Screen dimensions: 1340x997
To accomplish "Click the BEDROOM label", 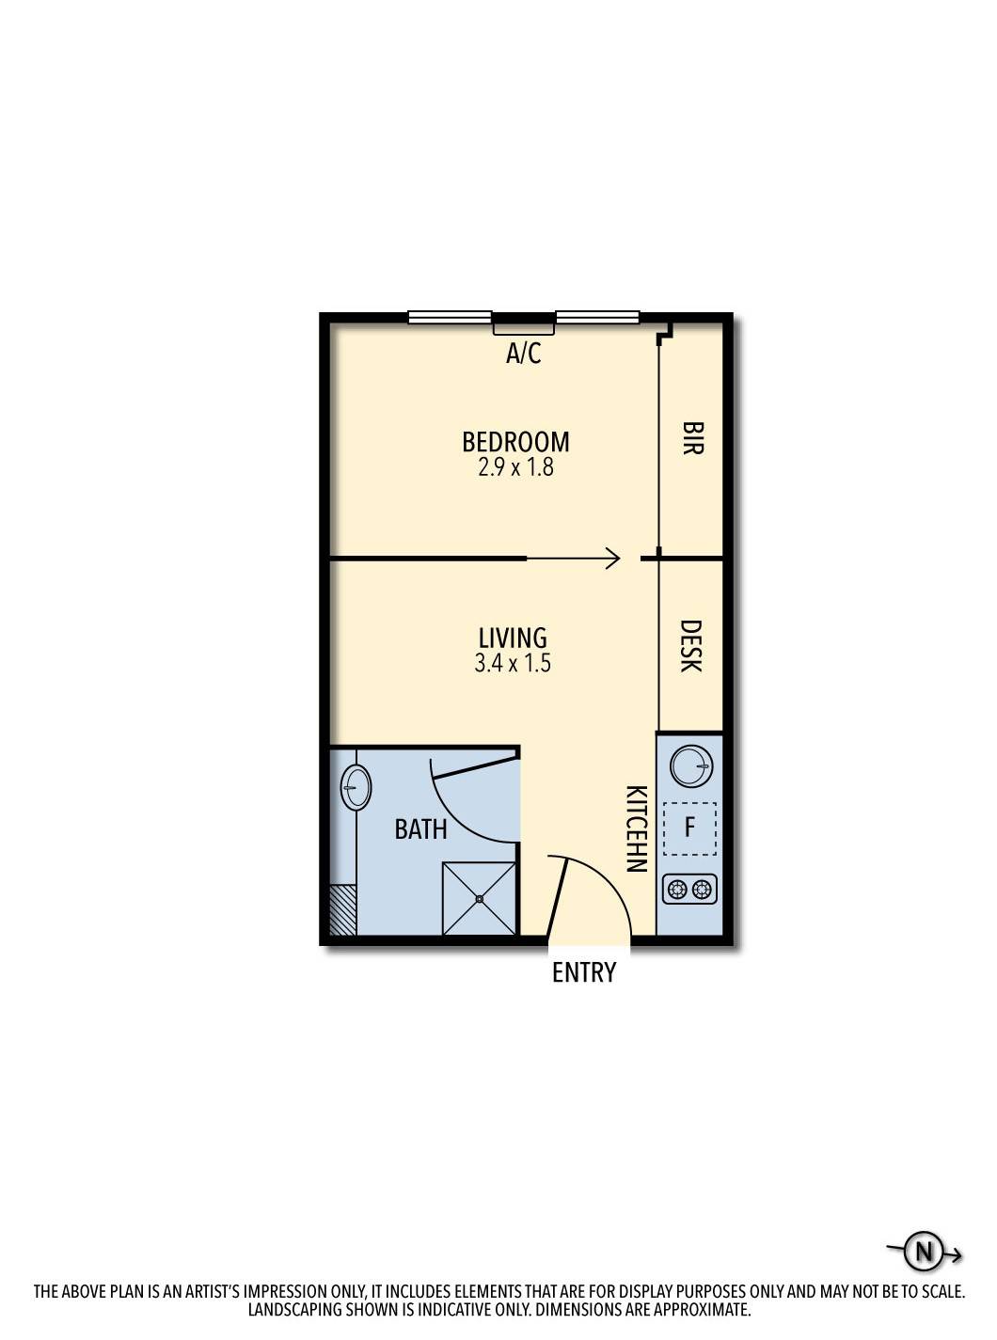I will tap(515, 441).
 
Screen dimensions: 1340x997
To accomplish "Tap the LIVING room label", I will tap(513, 638).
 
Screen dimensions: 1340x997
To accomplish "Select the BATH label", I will tap(420, 829).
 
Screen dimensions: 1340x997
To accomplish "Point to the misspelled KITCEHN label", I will tap(637, 828).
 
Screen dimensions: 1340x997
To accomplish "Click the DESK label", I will tap(689, 645).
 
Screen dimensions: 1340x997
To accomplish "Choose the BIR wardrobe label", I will tap(691, 438).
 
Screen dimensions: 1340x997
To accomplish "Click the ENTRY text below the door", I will tap(584, 972).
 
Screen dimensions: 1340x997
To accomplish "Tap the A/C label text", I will tap(524, 354).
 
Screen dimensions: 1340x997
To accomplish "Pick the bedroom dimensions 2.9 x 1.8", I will tap(515, 467).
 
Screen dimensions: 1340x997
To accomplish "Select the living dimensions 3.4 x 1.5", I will tap(513, 663).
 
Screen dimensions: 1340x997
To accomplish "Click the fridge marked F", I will tap(689, 828).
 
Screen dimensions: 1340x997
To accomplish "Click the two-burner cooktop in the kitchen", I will tap(689, 889).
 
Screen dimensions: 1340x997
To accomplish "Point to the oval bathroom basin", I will tap(356, 787).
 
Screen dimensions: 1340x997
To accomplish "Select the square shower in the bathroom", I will tap(479, 899).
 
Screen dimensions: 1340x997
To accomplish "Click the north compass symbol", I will tap(924, 1252).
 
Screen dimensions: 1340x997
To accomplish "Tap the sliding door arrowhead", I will tap(613, 559).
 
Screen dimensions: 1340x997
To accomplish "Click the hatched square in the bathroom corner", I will tap(343, 909).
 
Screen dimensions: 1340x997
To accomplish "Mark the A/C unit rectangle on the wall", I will tap(524, 328).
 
